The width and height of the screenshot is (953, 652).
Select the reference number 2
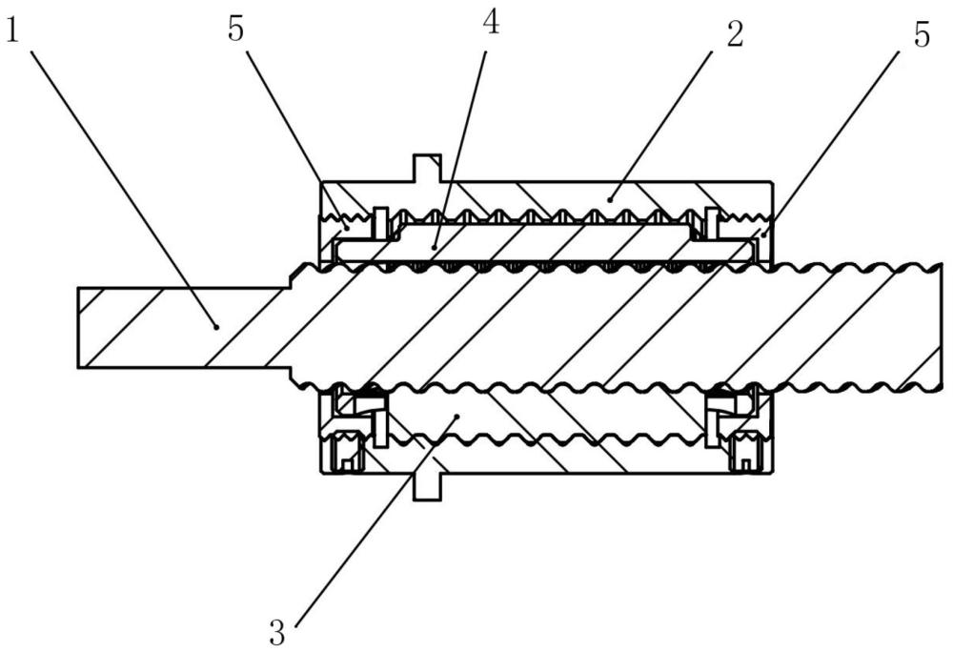pos(735,34)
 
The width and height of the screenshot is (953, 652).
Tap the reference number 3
pos(277,633)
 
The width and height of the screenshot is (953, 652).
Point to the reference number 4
pos(491,23)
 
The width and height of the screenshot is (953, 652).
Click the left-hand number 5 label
pos(235,30)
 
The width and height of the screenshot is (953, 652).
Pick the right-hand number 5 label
pos(922,34)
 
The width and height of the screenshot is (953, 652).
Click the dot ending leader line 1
pos(215,327)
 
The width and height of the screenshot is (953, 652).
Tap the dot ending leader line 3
pos(459,417)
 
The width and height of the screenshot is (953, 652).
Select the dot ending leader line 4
pos(434,247)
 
